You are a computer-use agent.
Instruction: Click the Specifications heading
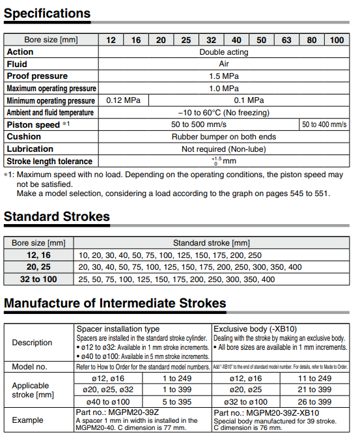pyautogui.click(x=48, y=13)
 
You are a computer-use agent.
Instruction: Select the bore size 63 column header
pyautogui.click(x=286, y=40)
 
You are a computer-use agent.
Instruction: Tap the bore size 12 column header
pyautogui.click(x=111, y=40)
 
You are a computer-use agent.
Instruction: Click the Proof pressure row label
pyautogui.click(x=37, y=76)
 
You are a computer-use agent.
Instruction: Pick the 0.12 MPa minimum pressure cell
pyautogui.click(x=123, y=100)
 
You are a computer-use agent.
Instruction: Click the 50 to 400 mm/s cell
pyautogui.click(x=324, y=124)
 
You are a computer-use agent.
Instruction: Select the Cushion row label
pyautogui.click(x=24, y=137)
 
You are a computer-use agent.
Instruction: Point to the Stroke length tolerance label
pyautogui.click(x=49, y=161)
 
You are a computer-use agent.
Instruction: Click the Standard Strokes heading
pyautogui.click(x=57, y=217)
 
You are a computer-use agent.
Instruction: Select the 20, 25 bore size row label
pyautogui.click(x=38, y=267)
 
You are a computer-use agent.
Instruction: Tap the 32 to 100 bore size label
pyautogui.click(x=38, y=279)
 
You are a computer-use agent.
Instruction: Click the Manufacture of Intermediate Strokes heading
pyautogui.click(x=115, y=304)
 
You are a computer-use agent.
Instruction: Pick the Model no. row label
pyautogui.click(x=30, y=367)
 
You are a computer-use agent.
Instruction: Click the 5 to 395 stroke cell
pyautogui.click(x=177, y=402)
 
